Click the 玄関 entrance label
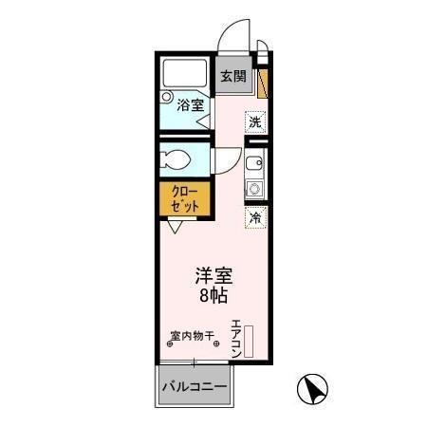[233, 77]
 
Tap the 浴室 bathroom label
[189, 105]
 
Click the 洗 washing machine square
[255, 121]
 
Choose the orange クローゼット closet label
[184, 199]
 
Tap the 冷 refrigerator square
[255, 218]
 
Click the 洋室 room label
[213, 277]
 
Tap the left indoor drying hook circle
[170, 344]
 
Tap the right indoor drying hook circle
[215, 344]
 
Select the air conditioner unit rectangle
[251, 342]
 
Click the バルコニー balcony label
[193, 387]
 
